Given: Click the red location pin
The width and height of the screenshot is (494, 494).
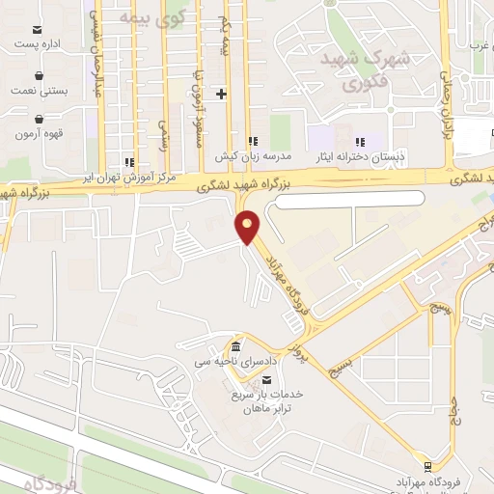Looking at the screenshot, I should point(248,226).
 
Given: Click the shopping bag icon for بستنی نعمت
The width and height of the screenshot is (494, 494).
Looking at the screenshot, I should point(38,74).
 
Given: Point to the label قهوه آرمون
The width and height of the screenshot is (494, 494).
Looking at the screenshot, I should point(39,133).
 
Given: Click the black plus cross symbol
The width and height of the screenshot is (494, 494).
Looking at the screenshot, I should point(222,94).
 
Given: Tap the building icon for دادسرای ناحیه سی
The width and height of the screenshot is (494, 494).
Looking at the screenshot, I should point(236,347).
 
